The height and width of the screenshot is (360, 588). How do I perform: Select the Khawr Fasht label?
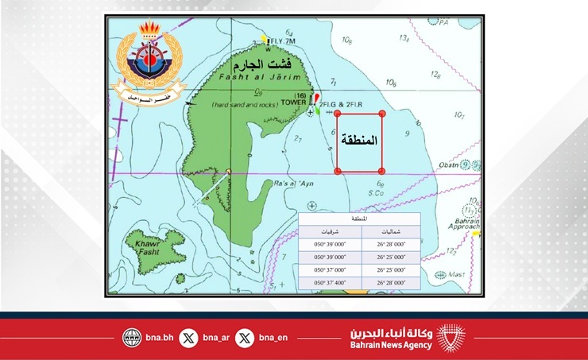tap(149, 247)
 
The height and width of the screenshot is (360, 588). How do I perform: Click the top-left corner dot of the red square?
tap(337, 114)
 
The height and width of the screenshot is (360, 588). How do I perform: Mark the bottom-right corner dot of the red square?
tap(383, 171)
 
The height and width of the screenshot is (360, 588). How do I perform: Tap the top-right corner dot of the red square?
tap(383, 114)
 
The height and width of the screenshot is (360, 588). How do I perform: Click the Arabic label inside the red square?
tap(359, 143)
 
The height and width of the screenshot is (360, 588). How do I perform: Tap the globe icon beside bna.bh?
tap(132, 337)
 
